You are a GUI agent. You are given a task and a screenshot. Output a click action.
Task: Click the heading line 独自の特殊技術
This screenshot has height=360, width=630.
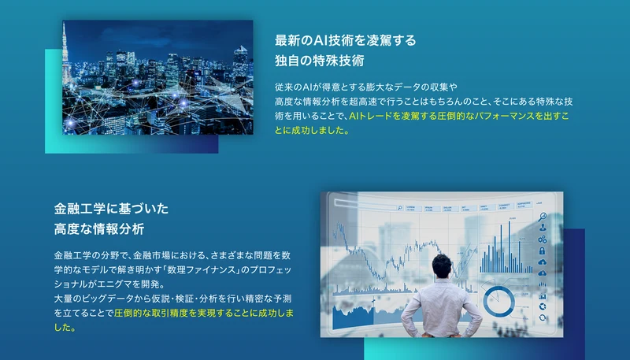point(320,61)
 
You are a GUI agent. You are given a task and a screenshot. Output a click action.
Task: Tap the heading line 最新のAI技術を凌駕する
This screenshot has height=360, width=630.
point(346,40)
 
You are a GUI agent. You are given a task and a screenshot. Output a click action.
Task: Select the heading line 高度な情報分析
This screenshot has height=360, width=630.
point(99,229)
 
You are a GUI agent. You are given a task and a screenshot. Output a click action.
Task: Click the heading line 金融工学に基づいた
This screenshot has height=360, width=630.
point(111,209)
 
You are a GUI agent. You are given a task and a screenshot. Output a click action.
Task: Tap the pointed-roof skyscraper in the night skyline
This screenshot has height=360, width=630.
point(240,61)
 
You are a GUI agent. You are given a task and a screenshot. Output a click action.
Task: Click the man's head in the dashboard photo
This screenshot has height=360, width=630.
point(442,267)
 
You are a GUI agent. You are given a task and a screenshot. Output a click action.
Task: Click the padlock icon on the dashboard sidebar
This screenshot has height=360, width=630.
point(542,251)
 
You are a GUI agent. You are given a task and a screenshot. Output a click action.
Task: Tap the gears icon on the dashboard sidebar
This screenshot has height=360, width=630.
point(542,239)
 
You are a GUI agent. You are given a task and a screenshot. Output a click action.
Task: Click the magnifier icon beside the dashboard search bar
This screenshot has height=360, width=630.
point(399,208)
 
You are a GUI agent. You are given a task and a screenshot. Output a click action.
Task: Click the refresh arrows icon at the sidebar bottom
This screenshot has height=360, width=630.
point(543,317)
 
